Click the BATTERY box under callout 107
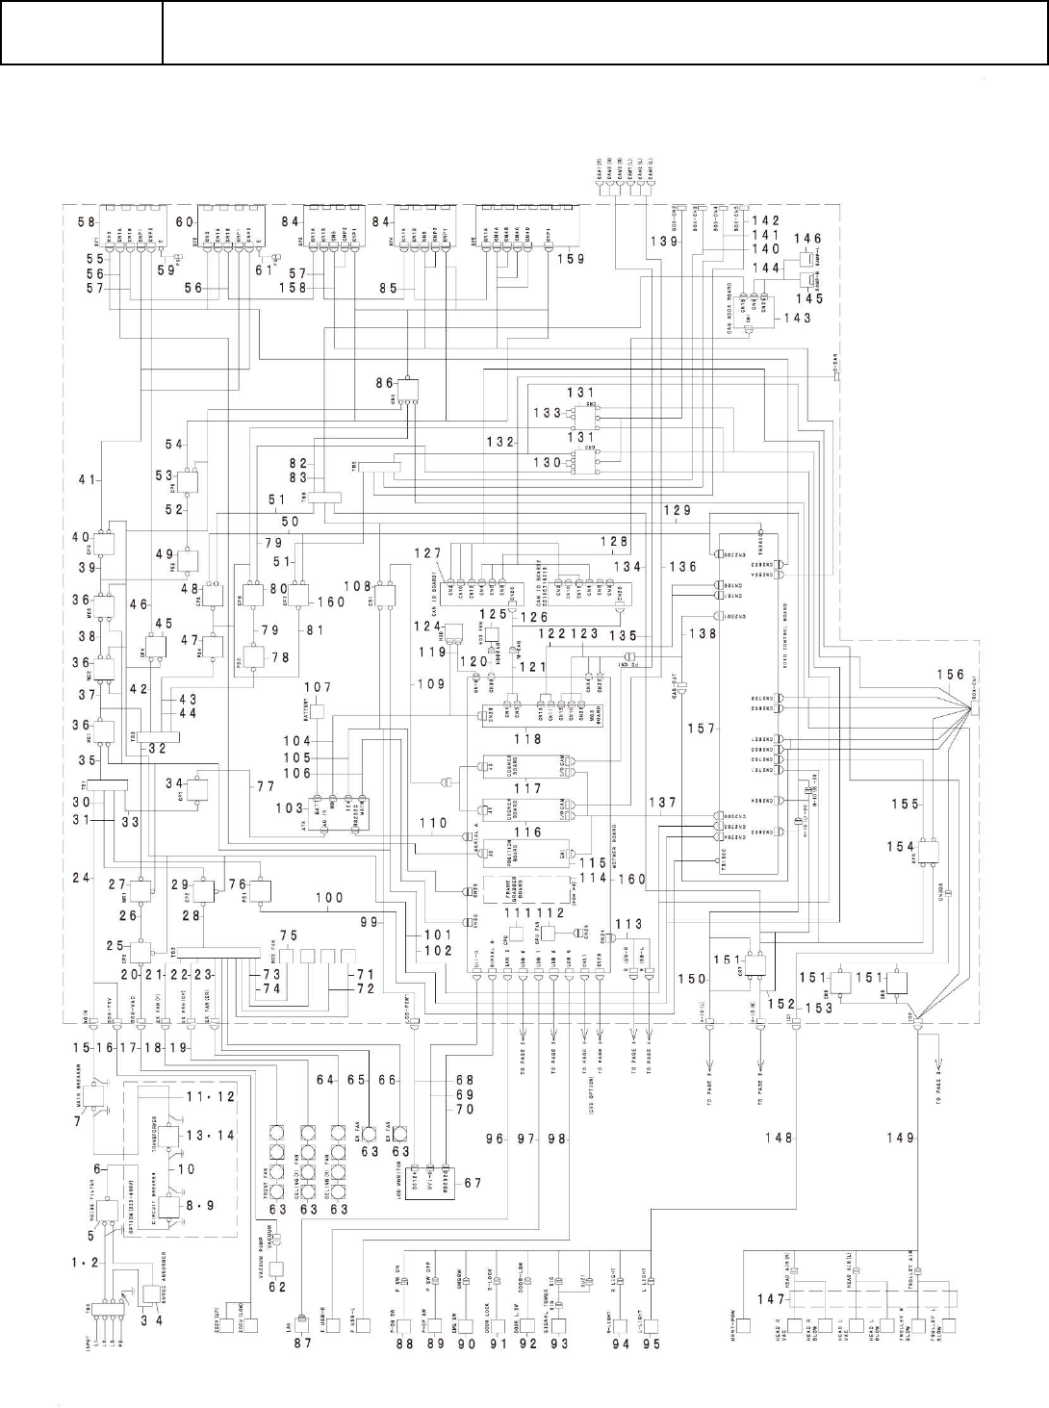click(314, 712)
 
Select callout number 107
click(319, 686)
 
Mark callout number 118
click(528, 739)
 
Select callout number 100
click(329, 897)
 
